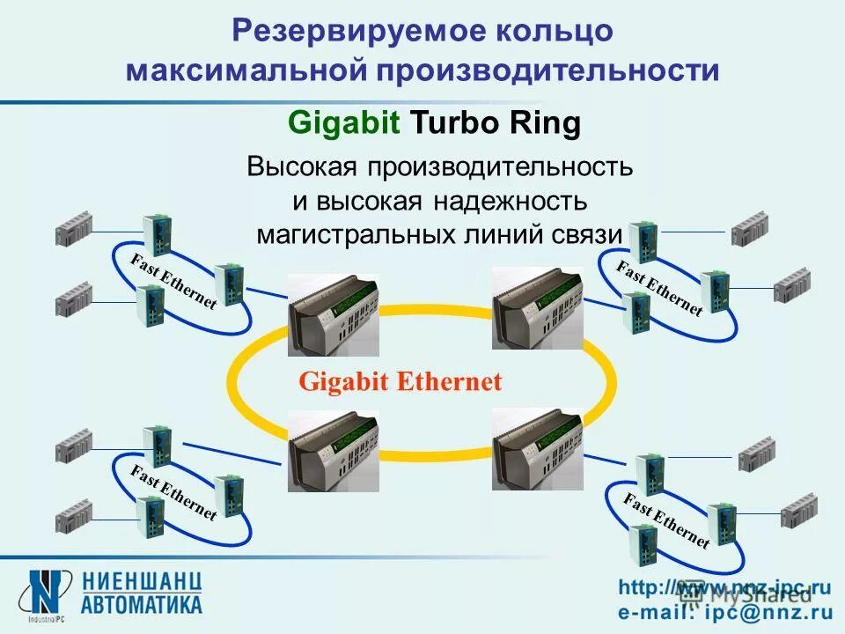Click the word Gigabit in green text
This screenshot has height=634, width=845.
pos(345,124)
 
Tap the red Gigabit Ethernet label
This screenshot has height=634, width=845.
pos(400,381)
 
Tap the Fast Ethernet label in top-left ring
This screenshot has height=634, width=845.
pos(173,281)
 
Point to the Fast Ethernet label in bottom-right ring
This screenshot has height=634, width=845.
pos(666,521)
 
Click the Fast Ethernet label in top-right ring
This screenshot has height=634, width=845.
pos(659,288)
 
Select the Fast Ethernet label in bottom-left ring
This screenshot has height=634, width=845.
pos(173,491)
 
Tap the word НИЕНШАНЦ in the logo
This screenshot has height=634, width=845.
pos(143,581)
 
